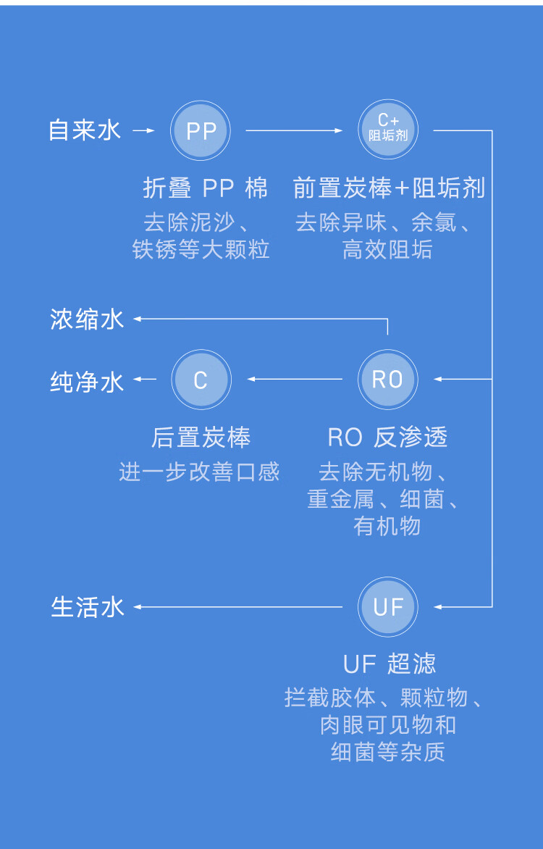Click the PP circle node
[201, 131]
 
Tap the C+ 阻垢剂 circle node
[388, 130]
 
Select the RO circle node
[388, 379]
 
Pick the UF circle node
[388, 606]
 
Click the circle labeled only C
[201, 380]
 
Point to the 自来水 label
[85, 130]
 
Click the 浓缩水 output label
[87, 319]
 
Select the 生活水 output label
[88, 607]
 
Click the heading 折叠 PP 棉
[206, 188]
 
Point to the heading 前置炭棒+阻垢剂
[389, 188]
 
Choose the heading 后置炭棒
[201, 438]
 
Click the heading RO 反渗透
[388, 438]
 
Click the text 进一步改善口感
[199, 472]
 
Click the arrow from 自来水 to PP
[145, 131]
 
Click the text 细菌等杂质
[388, 752]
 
